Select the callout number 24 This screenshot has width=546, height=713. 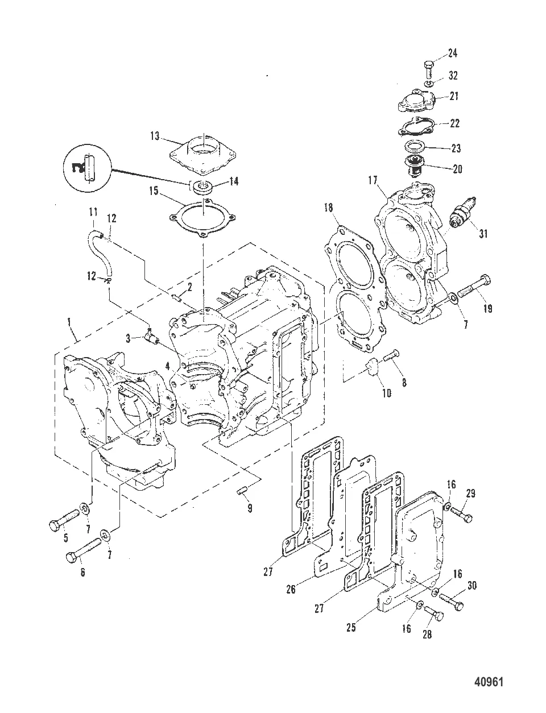click(x=452, y=53)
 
